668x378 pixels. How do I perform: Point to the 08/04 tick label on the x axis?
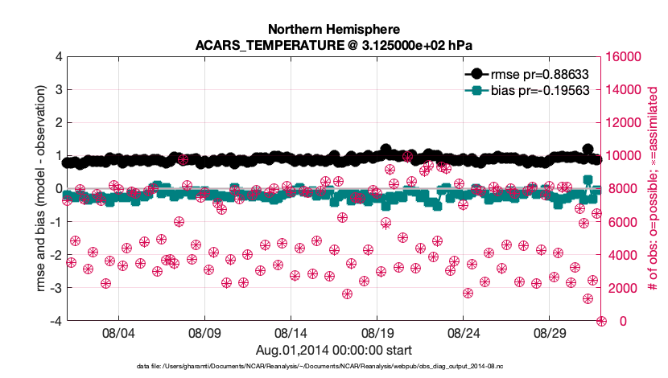pyautogui.click(x=118, y=332)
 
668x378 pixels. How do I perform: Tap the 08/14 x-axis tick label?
pyautogui.click(x=291, y=332)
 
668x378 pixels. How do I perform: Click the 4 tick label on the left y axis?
pyautogui.click(x=58, y=57)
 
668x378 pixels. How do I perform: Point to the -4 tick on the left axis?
pyautogui.click(x=56, y=321)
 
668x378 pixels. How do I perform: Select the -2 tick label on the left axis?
pyautogui.click(x=56, y=255)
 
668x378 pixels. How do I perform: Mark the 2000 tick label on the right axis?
pyautogui.click(x=624, y=288)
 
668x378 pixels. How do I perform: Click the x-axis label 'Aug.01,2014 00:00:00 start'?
pyautogui.click(x=334, y=350)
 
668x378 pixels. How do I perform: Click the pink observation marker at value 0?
pyautogui.click(x=601, y=321)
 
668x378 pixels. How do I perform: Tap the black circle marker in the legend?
pyautogui.click(x=477, y=72)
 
